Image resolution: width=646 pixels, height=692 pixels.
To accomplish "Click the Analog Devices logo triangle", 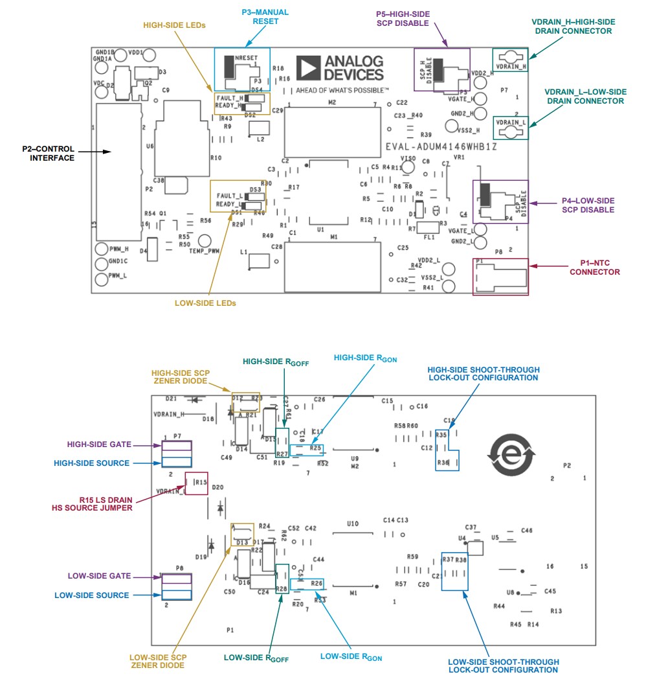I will click(x=308, y=67).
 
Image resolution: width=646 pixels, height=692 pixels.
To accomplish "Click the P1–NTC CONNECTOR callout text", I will click(x=595, y=268).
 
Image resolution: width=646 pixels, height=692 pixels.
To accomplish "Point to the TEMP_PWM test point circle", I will click(x=195, y=240).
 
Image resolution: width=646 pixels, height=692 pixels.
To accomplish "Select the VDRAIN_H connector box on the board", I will click(x=511, y=59).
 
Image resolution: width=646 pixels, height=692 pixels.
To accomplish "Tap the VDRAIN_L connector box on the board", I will click(x=511, y=127).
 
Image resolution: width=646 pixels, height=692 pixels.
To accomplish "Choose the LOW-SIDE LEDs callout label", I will click(x=205, y=303).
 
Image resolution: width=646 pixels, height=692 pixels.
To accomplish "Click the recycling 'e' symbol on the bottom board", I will click(x=511, y=454).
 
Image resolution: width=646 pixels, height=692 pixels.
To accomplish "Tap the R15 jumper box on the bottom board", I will click(x=197, y=483).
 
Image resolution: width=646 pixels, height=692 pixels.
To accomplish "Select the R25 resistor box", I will click(x=307, y=448).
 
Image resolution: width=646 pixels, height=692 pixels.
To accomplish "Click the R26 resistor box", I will click(x=307, y=584).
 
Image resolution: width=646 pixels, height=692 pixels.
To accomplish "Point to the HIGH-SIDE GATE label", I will click(x=99, y=444).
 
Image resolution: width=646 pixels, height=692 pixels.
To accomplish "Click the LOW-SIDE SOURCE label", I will click(x=91, y=595).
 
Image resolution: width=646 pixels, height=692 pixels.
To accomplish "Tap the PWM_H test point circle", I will click(x=101, y=249).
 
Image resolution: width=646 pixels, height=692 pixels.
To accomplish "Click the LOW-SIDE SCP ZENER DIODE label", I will click(x=159, y=660).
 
